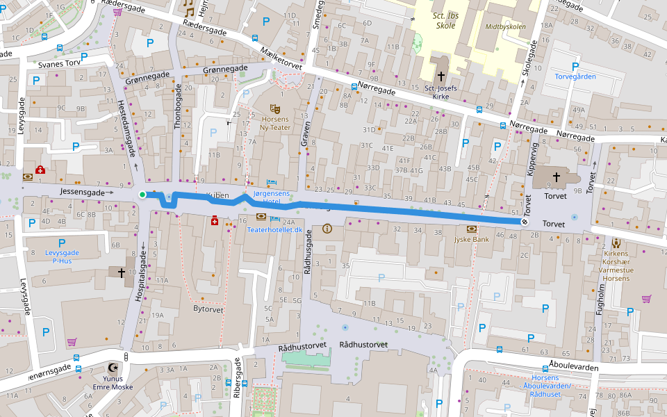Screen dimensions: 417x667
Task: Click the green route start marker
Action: click(142, 195)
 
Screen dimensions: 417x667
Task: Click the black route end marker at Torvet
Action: click(524, 222)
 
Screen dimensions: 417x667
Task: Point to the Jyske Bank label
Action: click(472, 239)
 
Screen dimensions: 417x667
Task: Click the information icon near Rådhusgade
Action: click(327, 228)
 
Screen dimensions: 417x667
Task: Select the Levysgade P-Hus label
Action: click(58, 256)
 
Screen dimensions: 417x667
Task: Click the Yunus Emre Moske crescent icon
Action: click(113, 368)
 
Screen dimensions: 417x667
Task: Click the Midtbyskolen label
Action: click(506, 27)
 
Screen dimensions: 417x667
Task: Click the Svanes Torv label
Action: click(60, 64)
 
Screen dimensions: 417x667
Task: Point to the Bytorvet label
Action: click(208, 308)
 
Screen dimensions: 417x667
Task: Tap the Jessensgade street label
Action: click(82, 192)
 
